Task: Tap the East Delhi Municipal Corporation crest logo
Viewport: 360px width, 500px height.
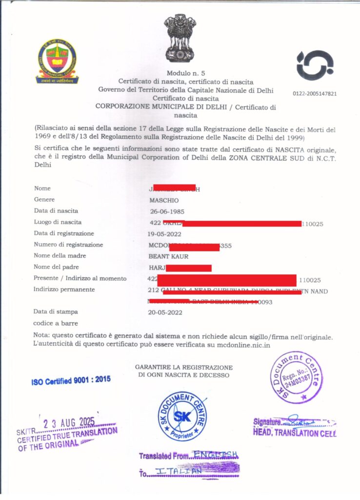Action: [57, 61]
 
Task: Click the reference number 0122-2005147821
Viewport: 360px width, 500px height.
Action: [315, 94]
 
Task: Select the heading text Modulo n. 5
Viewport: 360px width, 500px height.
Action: [180, 72]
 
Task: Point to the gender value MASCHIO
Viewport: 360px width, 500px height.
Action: [164, 200]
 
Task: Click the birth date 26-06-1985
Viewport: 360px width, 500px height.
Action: [167, 211]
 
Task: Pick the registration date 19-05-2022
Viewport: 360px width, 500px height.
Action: [167, 233]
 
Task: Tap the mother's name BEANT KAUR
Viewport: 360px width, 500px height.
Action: [168, 256]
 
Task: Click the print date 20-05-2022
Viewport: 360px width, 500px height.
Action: [165, 312]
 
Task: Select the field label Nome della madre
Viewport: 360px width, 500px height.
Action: [56, 256]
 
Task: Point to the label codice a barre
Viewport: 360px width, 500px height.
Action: [56, 323]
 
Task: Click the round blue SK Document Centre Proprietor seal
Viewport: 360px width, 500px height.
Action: [182, 416]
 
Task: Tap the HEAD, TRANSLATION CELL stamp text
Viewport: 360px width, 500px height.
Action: [294, 432]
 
